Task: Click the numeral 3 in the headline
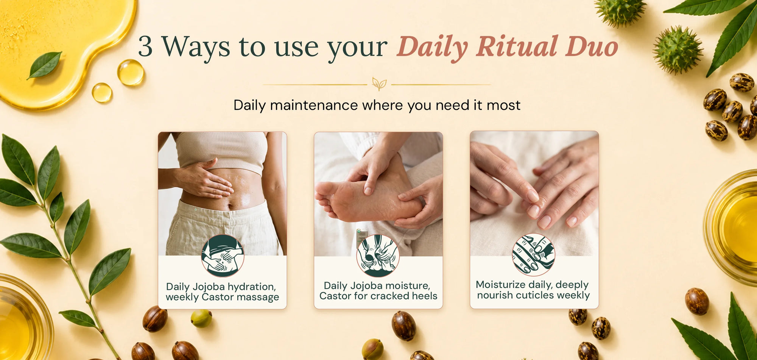click(x=145, y=47)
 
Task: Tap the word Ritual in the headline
click(x=517, y=47)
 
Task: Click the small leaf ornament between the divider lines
click(x=379, y=84)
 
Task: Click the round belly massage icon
click(x=223, y=256)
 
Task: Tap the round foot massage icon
click(x=378, y=256)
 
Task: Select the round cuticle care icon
click(x=533, y=254)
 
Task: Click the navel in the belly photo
click(x=229, y=207)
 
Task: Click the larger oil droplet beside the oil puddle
click(x=130, y=72)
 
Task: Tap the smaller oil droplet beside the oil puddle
click(x=102, y=93)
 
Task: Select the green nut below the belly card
click(x=201, y=318)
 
